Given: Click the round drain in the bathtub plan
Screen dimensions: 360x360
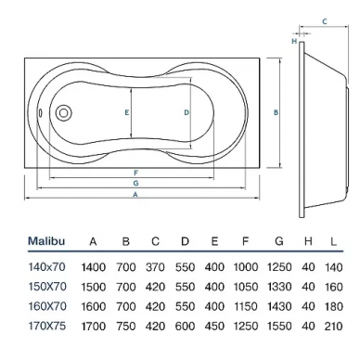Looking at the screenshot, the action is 63,112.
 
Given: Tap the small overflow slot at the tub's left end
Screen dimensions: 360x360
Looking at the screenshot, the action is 40,113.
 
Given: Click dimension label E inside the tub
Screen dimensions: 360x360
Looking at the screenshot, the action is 127,113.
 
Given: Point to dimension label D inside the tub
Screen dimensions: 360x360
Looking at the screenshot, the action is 186,113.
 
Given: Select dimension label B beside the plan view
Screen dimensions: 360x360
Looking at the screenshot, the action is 276,113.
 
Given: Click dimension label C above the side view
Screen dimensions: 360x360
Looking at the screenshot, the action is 325,21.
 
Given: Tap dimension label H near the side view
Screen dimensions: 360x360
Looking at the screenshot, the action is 294,41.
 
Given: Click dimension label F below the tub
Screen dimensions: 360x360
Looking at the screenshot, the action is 135,173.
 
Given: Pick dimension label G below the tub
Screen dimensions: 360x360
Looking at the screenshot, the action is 135,183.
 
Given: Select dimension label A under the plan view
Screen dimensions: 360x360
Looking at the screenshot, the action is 135,195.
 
